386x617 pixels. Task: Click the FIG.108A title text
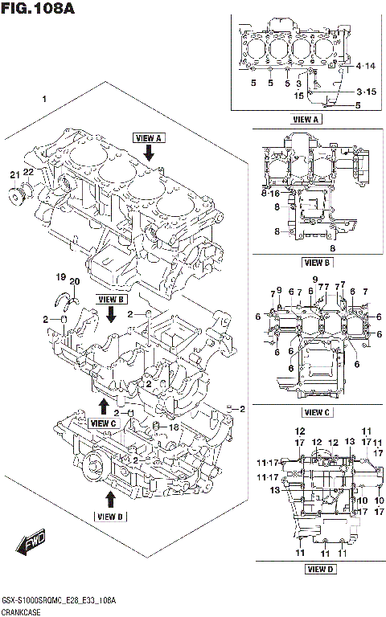pos(40,11)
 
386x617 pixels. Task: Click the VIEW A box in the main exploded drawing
pos(149,137)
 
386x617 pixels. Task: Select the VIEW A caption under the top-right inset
pos(307,119)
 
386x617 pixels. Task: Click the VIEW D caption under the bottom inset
pos(321,570)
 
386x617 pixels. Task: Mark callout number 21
pos(14,175)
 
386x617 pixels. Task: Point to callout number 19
pos(60,278)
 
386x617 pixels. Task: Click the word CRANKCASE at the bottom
pos(23,612)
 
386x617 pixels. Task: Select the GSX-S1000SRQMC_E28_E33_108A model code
pos(60,600)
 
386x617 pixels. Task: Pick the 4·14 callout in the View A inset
pos(366,66)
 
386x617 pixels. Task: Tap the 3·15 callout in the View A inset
pos(366,92)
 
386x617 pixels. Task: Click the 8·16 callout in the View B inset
pos(270,194)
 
